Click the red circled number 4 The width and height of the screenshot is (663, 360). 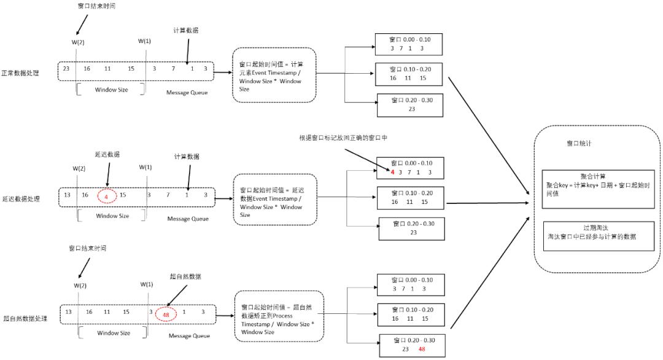click(107, 195)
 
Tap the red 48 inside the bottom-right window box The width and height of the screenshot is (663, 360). click(422, 349)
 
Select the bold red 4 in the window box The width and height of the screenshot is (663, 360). click(392, 173)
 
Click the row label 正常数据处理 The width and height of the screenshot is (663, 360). click(20, 72)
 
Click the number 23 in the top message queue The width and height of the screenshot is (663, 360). click(66, 69)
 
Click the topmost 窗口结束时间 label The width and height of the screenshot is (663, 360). click(93, 6)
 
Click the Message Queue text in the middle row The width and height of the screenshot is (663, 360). click(188, 219)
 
